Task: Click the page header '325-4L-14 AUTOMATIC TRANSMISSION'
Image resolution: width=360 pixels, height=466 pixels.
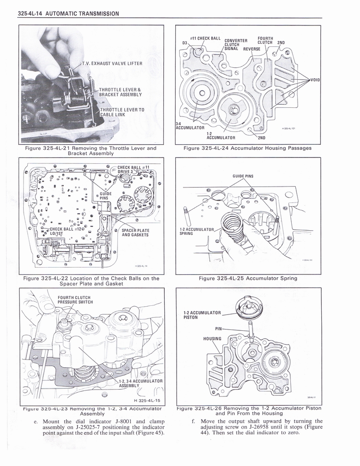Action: click(x=68, y=14)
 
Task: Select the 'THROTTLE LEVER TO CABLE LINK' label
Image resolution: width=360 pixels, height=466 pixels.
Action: click(x=122, y=112)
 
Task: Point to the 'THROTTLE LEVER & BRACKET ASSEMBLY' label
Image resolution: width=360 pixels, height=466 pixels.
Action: click(x=120, y=92)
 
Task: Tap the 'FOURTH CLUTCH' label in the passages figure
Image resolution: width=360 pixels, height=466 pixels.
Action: click(x=265, y=41)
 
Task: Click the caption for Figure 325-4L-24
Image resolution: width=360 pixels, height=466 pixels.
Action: click(x=248, y=148)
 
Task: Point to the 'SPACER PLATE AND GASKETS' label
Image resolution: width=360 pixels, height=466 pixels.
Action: click(x=135, y=233)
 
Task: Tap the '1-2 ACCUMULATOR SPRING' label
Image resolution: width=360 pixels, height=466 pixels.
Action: click(x=196, y=231)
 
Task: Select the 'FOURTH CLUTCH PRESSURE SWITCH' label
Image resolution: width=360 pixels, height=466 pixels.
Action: click(x=75, y=299)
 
